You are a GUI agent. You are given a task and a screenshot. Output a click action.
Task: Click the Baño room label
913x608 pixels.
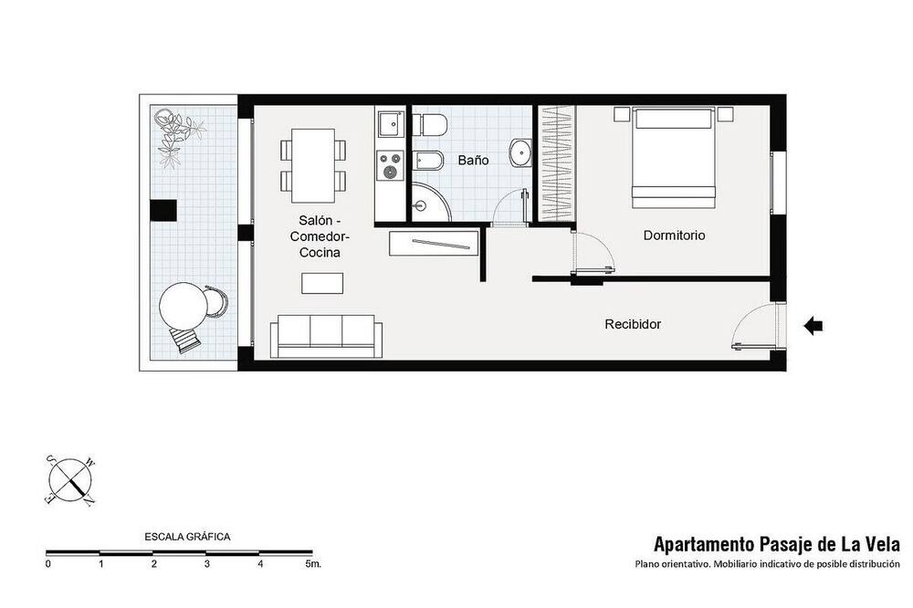click(x=473, y=160)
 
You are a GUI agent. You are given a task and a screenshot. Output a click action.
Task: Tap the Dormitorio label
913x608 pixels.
click(x=674, y=236)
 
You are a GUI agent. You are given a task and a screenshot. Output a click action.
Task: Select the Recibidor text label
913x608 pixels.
click(x=633, y=324)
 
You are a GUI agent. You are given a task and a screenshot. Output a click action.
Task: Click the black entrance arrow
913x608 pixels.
click(x=813, y=326)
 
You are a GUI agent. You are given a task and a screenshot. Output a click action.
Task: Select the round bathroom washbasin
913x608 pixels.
click(x=519, y=153)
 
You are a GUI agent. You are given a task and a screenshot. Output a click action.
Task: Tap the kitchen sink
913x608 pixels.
click(x=390, y=124)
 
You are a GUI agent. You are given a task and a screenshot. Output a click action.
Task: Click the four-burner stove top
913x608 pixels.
click(x=390, y=164)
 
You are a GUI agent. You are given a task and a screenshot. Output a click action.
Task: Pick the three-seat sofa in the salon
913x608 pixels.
click(x=327, y=337)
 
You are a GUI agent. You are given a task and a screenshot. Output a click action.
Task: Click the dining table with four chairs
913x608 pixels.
click(x=313, y=165)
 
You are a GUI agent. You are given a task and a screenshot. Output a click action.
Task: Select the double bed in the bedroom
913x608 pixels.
click(x=673, y=157)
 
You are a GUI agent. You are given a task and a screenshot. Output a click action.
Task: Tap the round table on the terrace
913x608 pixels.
click(x=184, y=307)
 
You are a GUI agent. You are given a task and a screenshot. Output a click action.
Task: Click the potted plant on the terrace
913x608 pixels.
click(x=177, y=138)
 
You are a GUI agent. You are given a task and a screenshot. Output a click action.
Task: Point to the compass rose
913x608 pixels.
click(x=70, y=480)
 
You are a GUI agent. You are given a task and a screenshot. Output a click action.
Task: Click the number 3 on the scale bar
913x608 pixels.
click(x=207, y=564)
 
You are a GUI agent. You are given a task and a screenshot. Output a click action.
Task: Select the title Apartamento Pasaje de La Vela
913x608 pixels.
click(x=777, y=544)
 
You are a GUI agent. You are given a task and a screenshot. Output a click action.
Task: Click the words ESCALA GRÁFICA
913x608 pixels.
click(x=187, y=537)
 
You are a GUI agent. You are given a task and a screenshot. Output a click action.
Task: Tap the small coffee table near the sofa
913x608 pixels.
click(x=322, y=284)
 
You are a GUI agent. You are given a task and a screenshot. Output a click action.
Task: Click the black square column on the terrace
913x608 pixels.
click(x=163, y=210)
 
